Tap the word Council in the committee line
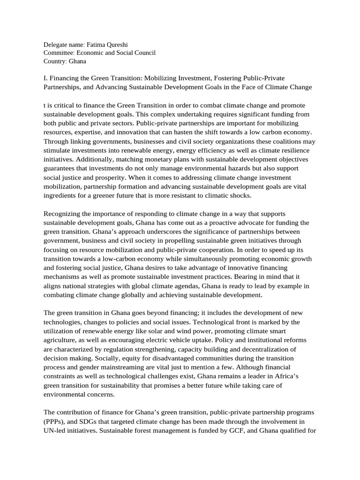(x=143, y=53)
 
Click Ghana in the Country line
(x=77, y=61)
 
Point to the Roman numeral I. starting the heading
(x=46, y=78)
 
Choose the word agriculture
(x=61, y=340)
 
